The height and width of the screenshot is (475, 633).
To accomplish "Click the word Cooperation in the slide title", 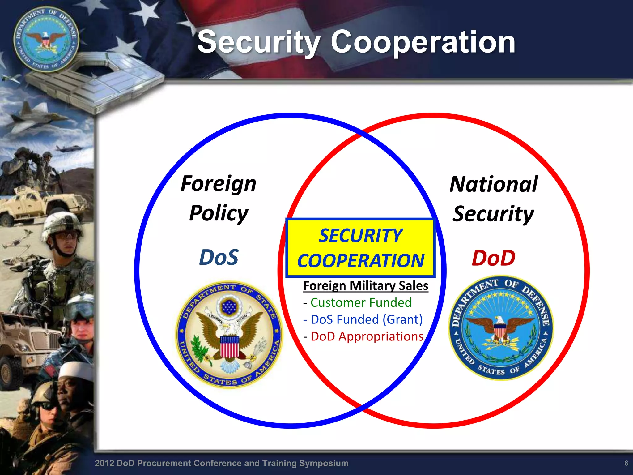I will click(x=423, y=42).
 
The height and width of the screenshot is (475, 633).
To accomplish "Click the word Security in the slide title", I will click(x=259, y=42).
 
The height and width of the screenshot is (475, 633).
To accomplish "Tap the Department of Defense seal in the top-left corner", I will click(x=46, y=40).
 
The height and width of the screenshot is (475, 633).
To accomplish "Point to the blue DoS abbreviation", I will click(x=219, y=257).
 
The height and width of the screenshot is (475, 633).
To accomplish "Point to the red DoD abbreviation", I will click(x=493, y=258).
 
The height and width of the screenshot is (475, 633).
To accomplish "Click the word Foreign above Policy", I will click(x=218, y=184).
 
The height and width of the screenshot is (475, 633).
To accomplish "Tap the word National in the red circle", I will click(x=494, y=184).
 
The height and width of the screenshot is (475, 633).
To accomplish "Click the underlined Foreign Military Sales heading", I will click(x=366, y=286).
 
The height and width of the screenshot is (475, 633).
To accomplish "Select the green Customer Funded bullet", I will click(x=361, y=302).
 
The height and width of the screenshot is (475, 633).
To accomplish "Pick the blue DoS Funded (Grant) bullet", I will click(x=366, y=319).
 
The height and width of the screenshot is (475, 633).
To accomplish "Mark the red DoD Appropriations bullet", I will click(x=367, y=336).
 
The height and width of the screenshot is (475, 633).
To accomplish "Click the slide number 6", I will click(x=626, y=463).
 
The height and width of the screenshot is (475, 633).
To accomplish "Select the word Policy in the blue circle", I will click(x=219, y=213).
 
